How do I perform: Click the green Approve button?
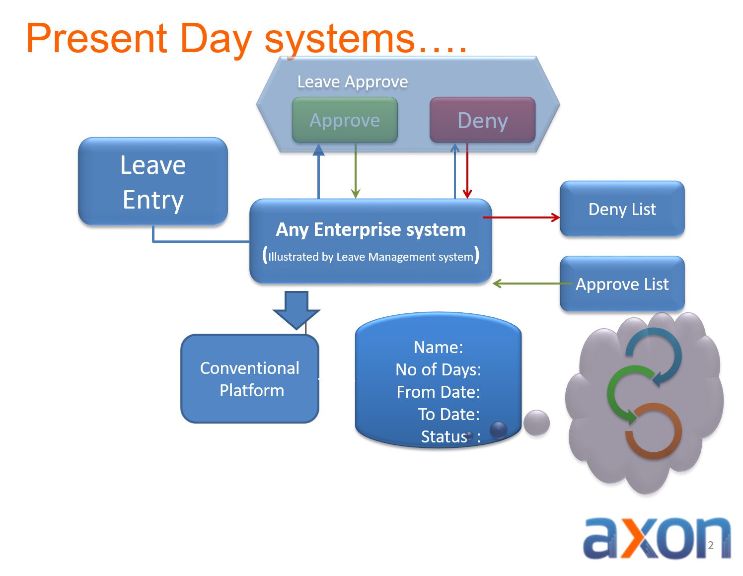click(x=345, y=120)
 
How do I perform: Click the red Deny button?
click(x=482, y=120)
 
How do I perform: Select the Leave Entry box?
click(x=153, y=181)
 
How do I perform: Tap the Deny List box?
click(x=622, y=209)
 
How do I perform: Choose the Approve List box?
click(x=622, y=284)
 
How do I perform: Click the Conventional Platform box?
click(x=249, y=379)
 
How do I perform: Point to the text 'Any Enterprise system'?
click(x=371, y=229)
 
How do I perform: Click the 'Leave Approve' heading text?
click(x=352, y=81)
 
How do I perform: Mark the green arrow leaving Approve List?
click(x=531, y=284)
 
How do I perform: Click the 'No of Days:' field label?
click(x=438, y=369)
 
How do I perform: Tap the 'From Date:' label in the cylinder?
click(x=438, y=392)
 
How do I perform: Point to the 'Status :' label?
click(x=450, y=436)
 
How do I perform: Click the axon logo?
click(x=657, y=539)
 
